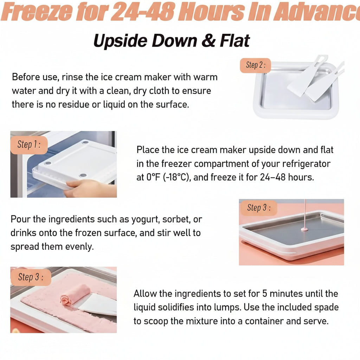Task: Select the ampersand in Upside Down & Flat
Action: (x=208, y=41)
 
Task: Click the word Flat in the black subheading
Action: (x=234, y=41)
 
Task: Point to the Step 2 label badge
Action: (x=255, y=65)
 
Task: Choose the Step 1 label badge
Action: (x=29, y=145)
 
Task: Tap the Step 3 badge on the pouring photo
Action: (x=259, y=207)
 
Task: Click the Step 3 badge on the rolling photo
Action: (x=31, y=277)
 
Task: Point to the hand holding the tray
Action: (x=90, y=188)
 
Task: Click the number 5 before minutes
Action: (x=265, y=294)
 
